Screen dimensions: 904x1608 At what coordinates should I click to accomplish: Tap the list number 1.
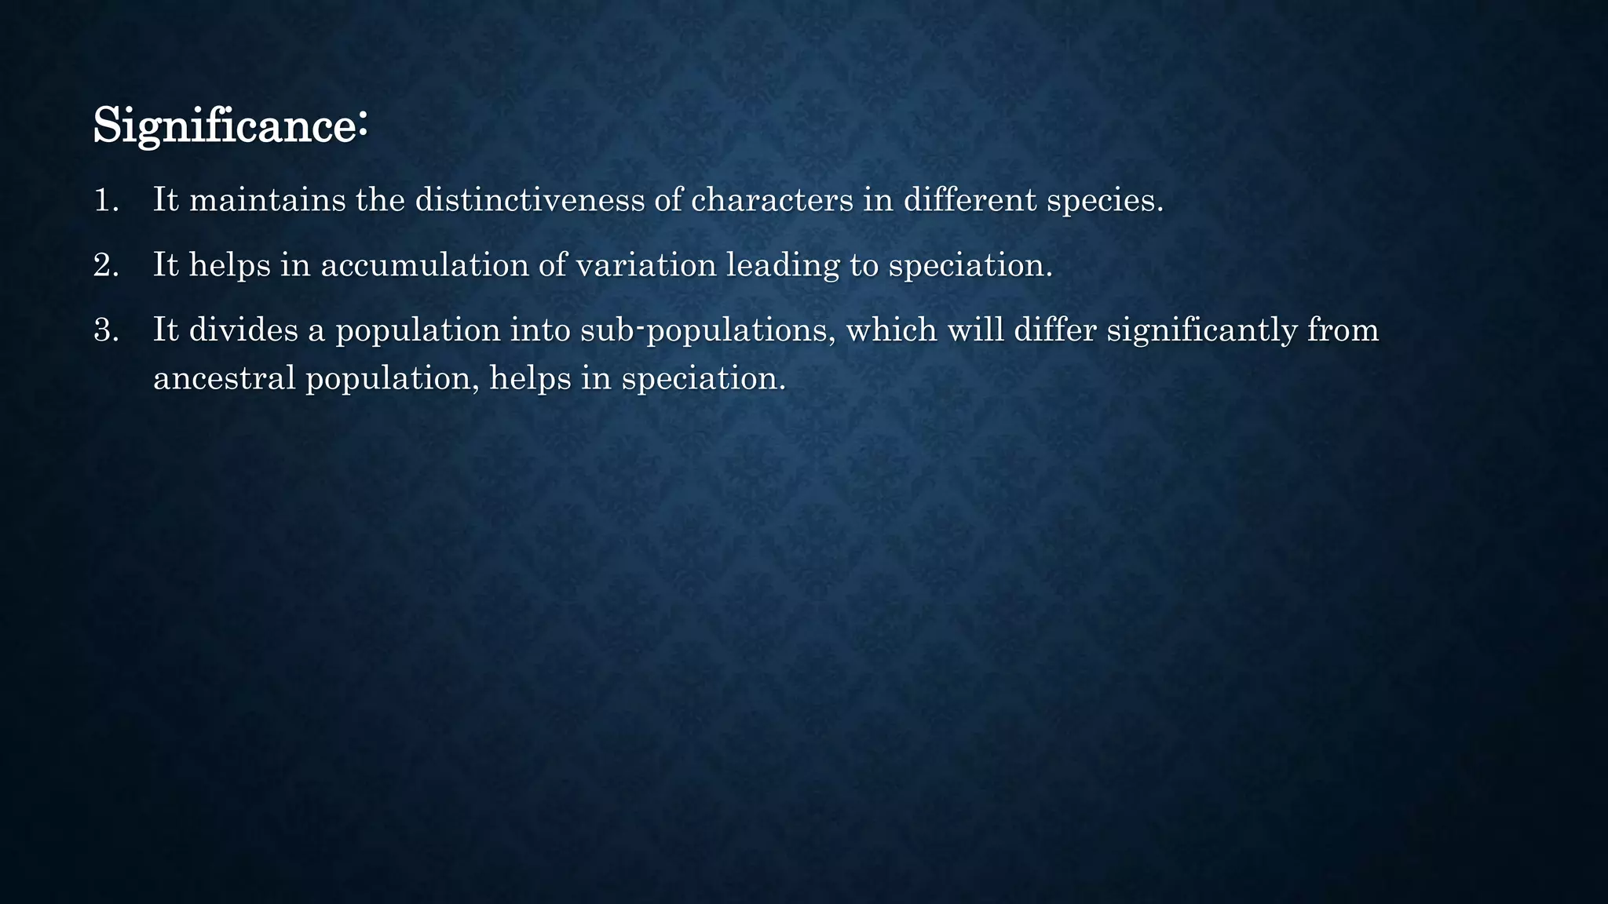(x=104, y=201)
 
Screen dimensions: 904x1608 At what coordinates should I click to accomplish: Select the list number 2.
(x=105, y=266)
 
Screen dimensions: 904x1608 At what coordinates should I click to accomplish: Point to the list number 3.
(x=105, y=330)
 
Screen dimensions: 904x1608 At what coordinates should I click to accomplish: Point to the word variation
(x=645, y=266)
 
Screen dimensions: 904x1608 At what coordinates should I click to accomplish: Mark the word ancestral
(x=224, y=379)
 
